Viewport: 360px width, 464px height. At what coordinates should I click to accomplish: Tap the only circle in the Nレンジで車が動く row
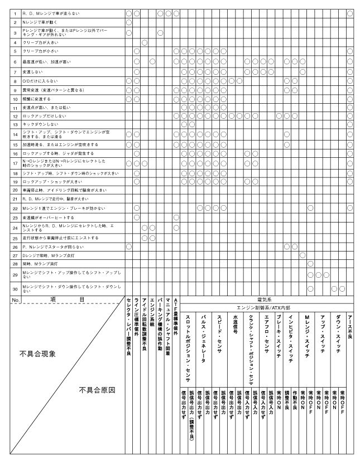(129, 22)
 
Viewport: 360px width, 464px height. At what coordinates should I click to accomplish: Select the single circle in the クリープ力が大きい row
(145, 42)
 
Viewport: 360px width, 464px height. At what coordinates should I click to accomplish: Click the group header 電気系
(263, 299)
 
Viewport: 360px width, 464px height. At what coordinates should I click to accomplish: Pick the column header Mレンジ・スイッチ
(307, 332)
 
